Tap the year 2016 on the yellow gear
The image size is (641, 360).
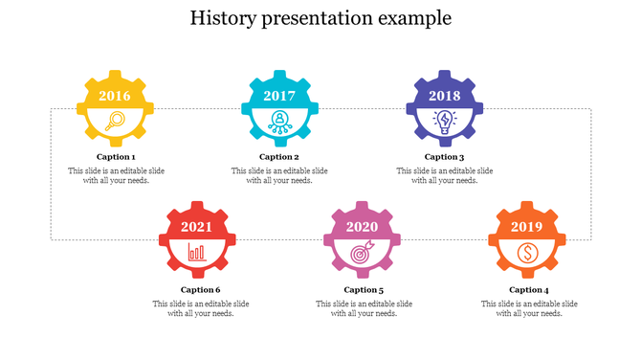[x=115, y=96]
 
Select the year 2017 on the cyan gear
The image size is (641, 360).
[x=279, y=96]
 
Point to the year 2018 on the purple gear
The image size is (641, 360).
[x=445, y=96]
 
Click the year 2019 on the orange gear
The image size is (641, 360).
[x=527, y=227]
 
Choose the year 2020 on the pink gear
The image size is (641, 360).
[x=363, y=227]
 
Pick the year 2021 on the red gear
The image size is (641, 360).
[x=197, y=227]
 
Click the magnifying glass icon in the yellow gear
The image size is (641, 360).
[x=116, y=121]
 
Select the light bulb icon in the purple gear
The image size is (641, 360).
[x=445, y=121]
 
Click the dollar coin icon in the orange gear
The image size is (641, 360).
[x=527, y=253]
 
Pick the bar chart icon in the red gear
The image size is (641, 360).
[x=197, y=253]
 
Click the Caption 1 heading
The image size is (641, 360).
[x=116, y=157]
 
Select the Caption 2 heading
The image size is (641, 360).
[x=279, y=157]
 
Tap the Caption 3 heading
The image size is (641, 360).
[x=445, y=157]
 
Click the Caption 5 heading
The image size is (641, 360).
[x=364, y=289]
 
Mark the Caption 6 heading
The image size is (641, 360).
[x=200, y=289]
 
